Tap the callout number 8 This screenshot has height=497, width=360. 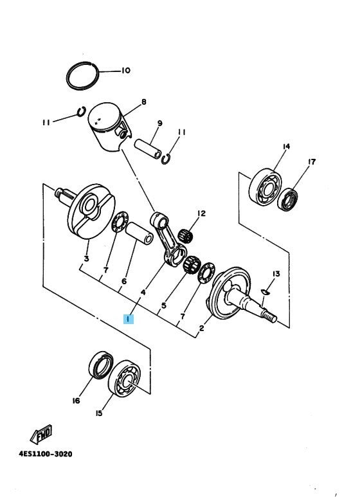point(144,102)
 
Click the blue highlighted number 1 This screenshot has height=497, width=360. point(129,318)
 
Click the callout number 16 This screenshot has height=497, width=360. point(76,401)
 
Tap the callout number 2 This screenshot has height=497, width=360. point(201,329)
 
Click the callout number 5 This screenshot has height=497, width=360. point(163,305)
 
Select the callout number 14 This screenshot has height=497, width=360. point(286,147)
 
